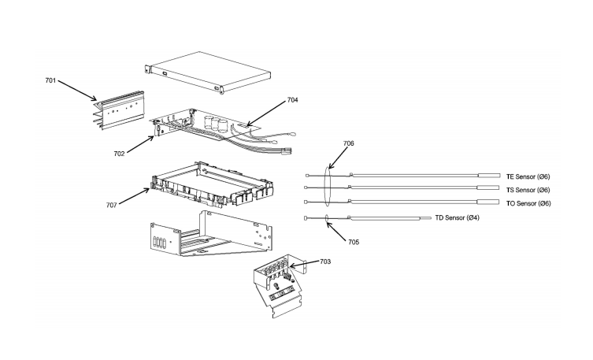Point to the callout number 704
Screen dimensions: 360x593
point(292,101)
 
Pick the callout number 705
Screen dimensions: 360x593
point(354,241)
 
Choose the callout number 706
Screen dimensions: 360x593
point(349,144)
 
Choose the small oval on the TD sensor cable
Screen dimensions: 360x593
point(325,218)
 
